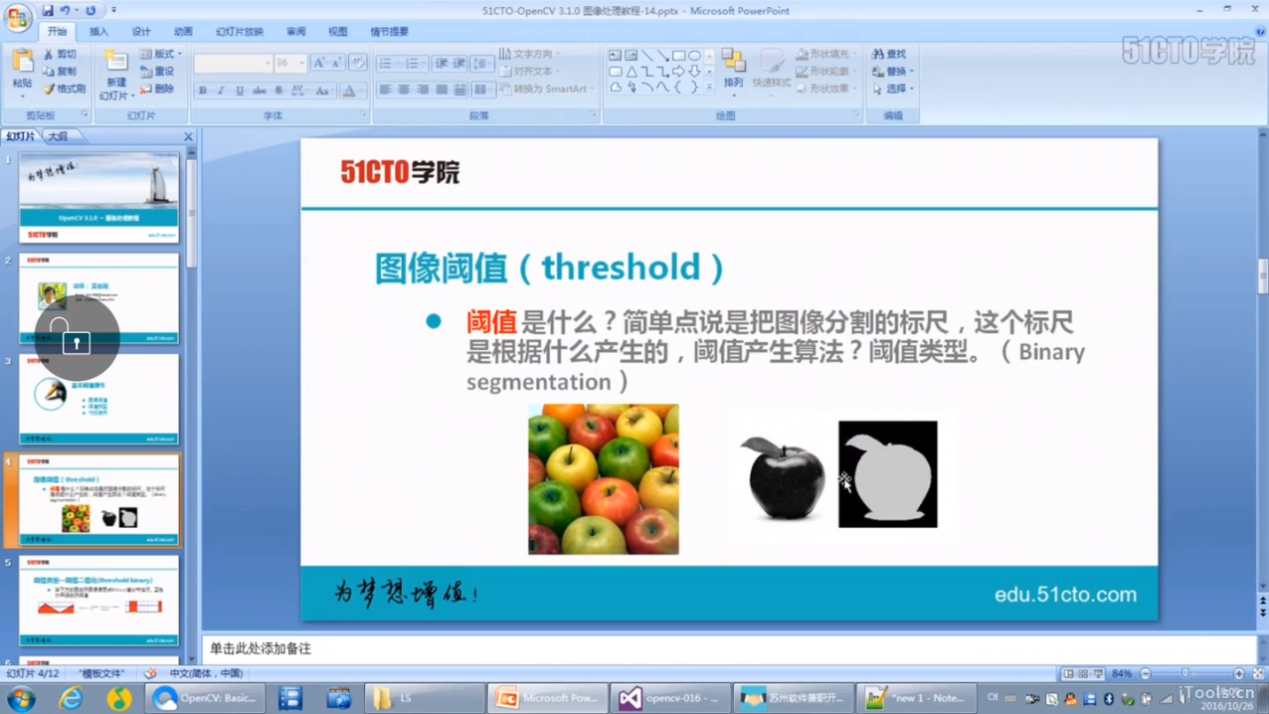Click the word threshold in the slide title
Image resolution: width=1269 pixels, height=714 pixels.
click(621, 268)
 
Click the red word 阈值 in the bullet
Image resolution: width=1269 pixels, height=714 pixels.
click(491, 322)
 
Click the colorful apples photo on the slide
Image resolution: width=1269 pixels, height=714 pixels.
click(603, 478)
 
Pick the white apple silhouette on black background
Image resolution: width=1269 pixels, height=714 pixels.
click(888, 474)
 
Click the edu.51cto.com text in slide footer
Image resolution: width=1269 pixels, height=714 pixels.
click(1065, 595)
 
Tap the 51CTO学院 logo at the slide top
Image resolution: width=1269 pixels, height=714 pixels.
click(400, 173)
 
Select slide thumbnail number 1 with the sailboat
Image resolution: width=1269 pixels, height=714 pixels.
click(98, 197)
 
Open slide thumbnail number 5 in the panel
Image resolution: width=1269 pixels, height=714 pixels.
click(98, 601)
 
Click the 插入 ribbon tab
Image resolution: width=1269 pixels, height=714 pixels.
click(98, 32)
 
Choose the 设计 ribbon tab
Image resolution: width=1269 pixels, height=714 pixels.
click(141, 32)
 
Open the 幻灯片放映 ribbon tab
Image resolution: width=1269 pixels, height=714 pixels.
click(240, 32)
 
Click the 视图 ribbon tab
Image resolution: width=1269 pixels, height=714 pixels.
click(338, 32)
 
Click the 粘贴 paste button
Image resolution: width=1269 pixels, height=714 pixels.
click(22, 70)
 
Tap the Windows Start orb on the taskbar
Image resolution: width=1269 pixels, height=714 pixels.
click(20, 698)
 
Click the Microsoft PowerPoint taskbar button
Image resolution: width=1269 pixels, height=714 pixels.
click(547, 698)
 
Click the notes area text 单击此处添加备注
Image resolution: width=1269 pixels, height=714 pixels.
click(261, 648)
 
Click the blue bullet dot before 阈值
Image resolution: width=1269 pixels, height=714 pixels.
click(434, 321)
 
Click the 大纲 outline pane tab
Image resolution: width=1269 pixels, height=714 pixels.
click(59, 136)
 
